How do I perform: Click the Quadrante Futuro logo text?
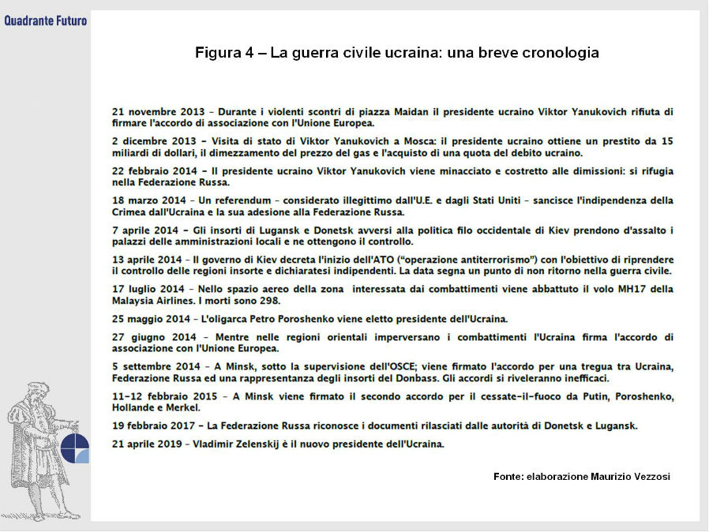(x=45, y=21)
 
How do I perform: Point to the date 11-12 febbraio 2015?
(x=163, y=396)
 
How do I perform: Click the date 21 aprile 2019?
(x=148, y=444)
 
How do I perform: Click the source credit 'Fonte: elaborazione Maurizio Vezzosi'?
(x=581, y=477)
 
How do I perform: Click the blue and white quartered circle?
(x=75, y=448)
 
